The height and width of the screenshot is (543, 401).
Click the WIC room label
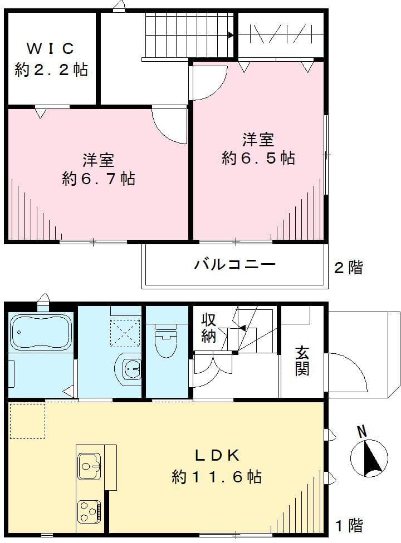(x=51, y=48)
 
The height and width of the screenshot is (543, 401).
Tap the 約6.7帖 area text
(x=99, y=179)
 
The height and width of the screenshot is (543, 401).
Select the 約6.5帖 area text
(x=258, y=158)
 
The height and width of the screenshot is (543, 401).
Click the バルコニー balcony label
(x=234, y=264)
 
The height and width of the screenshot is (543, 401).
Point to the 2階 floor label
(x=348, y=268)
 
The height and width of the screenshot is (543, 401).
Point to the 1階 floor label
(x=349, y=525)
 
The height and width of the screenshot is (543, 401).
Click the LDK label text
(x=217, y=456)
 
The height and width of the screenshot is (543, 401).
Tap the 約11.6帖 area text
(x=217, y=477)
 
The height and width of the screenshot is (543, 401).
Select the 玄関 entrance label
(x=302, y=360)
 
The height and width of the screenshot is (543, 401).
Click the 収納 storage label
(x=209, y=328)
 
